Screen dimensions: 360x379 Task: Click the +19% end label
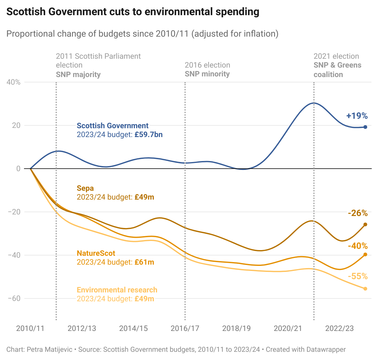357,116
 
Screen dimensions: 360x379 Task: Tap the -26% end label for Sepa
358,213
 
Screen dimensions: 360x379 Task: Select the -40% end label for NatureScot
358,246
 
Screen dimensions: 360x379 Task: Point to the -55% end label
358,276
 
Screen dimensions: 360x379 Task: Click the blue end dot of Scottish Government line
365,127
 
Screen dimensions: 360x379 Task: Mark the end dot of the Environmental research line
365,289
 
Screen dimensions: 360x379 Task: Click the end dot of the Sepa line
365,225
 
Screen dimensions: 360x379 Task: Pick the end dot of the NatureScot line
365,255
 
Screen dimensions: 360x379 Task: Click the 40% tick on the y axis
14,82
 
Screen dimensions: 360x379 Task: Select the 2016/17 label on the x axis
185,328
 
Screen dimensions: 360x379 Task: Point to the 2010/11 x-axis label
30,328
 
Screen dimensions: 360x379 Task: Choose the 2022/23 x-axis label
340,328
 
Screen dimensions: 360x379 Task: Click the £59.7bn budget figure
148,135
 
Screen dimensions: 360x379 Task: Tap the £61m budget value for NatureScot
144,262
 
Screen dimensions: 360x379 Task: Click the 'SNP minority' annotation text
207,74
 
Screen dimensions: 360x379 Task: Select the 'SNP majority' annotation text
78,75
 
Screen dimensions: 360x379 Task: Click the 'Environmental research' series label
117,290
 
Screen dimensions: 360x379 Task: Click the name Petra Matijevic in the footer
50,350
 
